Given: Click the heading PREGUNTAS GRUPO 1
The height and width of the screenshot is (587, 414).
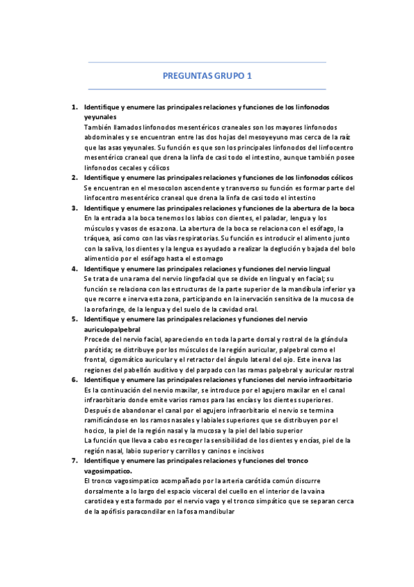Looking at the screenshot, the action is (207, 75).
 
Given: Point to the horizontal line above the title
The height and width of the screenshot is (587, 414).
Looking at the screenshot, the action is (207, 62).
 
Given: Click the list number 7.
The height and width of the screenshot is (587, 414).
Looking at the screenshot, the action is (75, 460).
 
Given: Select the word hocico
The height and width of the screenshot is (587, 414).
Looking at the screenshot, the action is (95, 430).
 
